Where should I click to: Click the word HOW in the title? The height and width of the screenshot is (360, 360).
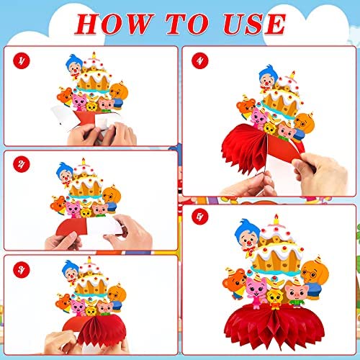(x=114, y=24)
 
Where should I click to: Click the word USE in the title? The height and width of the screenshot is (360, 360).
(x=254, y=24)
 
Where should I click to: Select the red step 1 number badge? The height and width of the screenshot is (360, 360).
(x=22, y=61)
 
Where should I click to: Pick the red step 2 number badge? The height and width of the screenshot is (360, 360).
(x=22, y=164)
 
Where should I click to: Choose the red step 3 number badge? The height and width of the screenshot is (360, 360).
(x=22, y=270)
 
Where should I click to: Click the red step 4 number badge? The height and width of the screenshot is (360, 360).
(x=200, y=60)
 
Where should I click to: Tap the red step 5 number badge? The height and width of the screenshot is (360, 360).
(x=200, y=217)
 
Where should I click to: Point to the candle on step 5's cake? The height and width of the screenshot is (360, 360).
(x=276, y=219)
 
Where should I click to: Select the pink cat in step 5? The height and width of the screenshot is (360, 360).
(x=256, y=292)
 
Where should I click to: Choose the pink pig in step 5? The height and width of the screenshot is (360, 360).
(x=297, y=294)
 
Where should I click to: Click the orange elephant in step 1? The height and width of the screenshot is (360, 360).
(x=119, y=94)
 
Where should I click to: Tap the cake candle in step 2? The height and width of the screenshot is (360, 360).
(x=84, y=161)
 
